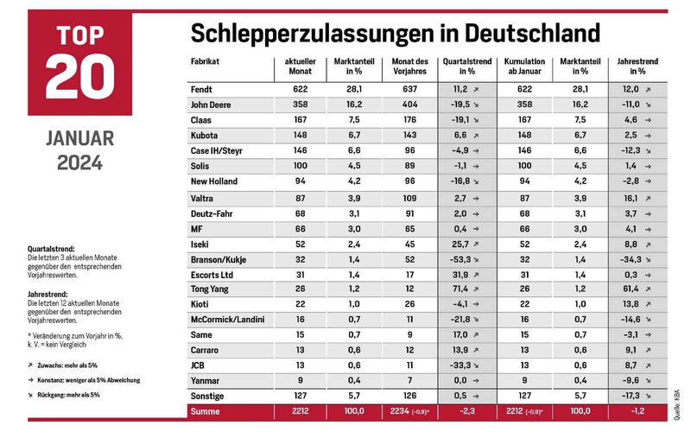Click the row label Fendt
[x=201, y=90]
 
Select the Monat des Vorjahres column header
[x=409, y=67]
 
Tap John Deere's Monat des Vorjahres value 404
[x=409, y=105]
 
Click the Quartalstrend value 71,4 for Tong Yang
[x=460, y=289]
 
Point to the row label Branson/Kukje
[x=219, y=260]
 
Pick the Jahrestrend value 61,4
[x=631, y=289]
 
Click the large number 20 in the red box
[x=79, y=76]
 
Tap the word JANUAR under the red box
[x=79, y=138]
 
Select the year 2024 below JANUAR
[x=79, y=162]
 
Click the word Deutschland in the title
[x=532, y=33]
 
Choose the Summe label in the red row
[x=205, y=411]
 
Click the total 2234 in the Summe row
[x=400, y=411]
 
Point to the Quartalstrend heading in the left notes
[x=51, y=249]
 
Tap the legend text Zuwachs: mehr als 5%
[x=67, y=365]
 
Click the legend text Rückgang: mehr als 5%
[x=68, y=395]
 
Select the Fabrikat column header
[x=205, y=61]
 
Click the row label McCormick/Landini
[x=227, y=320]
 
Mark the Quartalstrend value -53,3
[x=460, y=260]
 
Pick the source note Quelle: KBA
[x=677, y=405]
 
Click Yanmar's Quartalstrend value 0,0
[x=460, y=380]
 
